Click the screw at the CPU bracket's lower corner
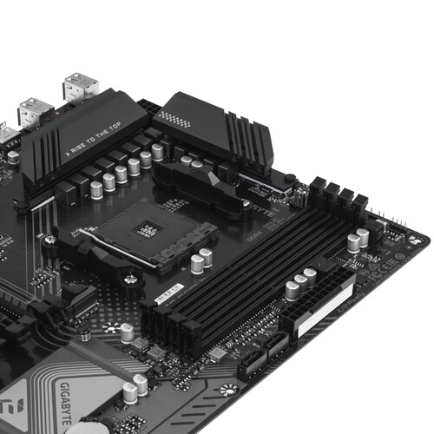click(x=130, y=279)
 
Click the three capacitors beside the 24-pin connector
click(x=300, y=279)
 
